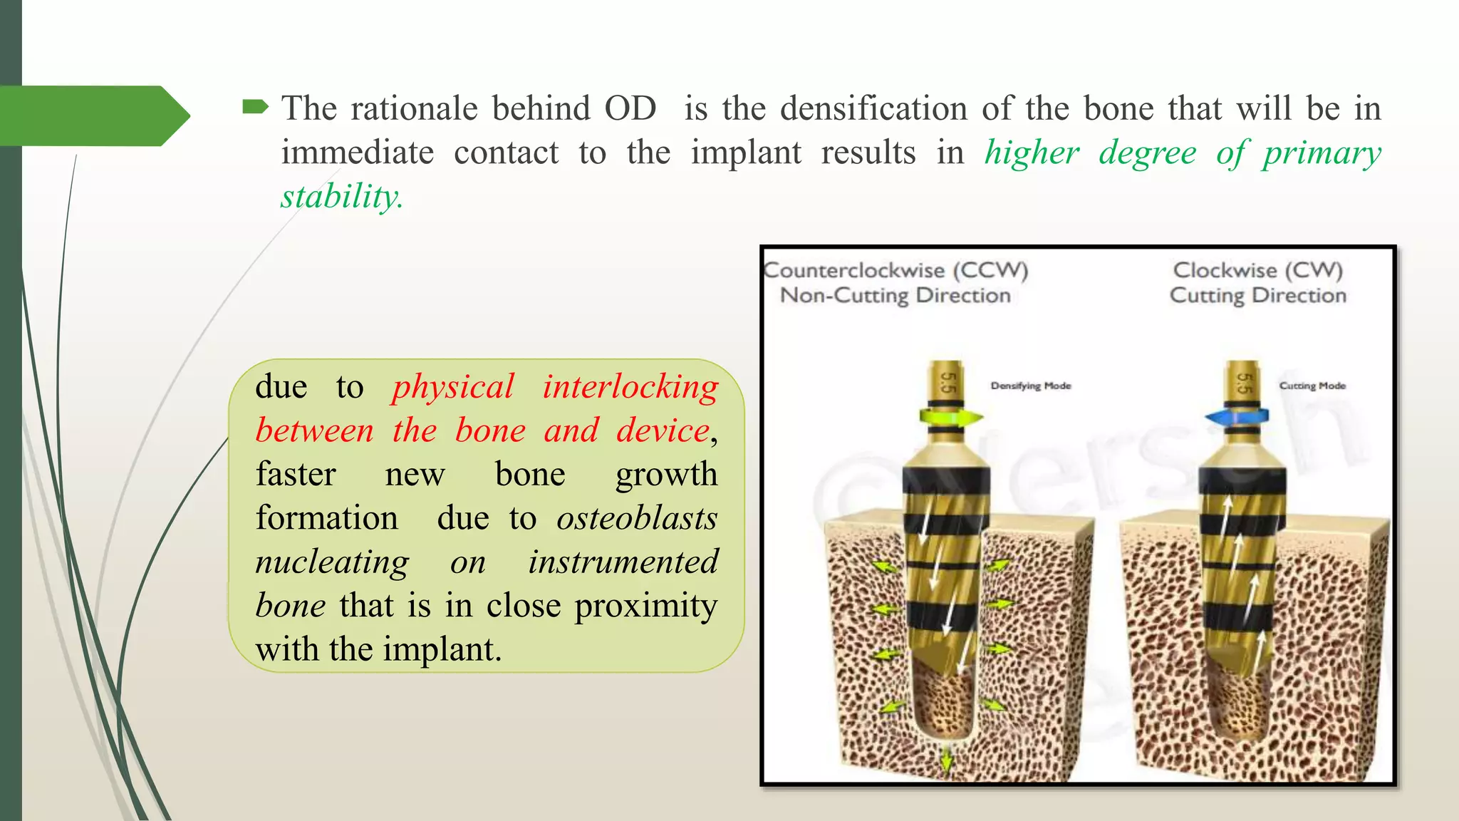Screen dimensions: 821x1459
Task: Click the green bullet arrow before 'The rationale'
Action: (x=255, y=108)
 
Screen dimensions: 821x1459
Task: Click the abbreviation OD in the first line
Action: (x=630, y=109)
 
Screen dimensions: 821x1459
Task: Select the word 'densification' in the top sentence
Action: (x=874, y=109)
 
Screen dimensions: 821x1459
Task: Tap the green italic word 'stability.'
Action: (x=342, y=197)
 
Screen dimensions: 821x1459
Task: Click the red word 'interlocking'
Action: (x=630, y=387)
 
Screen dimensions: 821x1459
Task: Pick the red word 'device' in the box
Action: (x=663, y=431)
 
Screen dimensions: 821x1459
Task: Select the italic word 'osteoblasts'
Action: (x=637, y=518)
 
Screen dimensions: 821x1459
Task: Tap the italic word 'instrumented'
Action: (x=623, y=562)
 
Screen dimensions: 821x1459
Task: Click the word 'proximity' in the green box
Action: (x=645, y=606)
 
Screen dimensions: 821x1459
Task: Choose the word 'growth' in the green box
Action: (x=666, y=475)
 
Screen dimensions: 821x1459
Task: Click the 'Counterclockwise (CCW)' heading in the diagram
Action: (x=895, y=270)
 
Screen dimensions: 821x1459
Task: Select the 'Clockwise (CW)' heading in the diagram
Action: (x=1257, y=270)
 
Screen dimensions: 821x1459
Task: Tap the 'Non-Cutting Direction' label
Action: (x=895, y=295)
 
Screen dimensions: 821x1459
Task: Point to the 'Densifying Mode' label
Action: (x=1030, y=386)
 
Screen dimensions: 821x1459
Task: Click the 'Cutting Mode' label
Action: (x=1312, y=386)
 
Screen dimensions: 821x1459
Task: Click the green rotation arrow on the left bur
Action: (x=951, y=417)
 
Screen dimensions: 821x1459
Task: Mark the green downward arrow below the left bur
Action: (x=946, y=760)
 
